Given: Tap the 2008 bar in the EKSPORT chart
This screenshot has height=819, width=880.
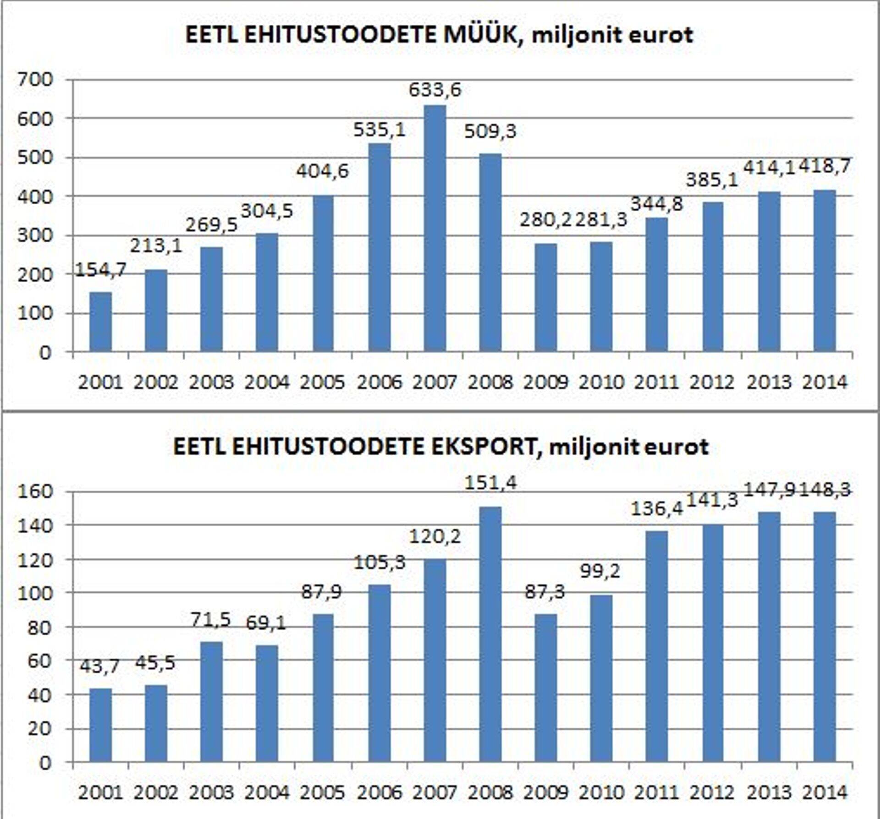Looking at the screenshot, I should (490, 634).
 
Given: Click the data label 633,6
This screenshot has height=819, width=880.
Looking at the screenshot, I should (434, 90).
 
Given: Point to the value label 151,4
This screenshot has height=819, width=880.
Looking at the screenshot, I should (490, 483).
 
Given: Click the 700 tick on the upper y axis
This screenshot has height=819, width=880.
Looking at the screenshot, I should (35, 80).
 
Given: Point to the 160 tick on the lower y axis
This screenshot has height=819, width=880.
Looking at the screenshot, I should (35, 492).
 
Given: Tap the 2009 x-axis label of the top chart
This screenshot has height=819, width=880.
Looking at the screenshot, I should (545, 382).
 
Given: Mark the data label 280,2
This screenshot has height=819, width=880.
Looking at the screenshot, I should (545, 220).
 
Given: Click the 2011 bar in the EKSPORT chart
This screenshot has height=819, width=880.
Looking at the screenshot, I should (657, 646).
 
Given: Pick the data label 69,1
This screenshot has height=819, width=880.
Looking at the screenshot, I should (266, 623).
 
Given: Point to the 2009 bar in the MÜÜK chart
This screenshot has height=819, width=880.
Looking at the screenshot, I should (546, 298).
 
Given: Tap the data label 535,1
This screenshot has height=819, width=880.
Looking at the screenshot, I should (379, 130).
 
